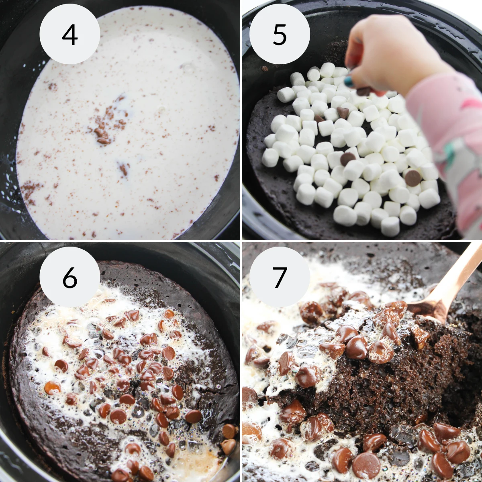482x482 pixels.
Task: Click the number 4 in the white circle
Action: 69,35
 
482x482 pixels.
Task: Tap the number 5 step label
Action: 280,35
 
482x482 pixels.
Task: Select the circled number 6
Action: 69,277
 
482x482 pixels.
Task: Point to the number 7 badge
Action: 280,277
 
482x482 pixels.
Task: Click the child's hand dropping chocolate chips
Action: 386,52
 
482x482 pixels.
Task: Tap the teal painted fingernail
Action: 349,82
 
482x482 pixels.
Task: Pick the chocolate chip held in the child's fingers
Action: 364,92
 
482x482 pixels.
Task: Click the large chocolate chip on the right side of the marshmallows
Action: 413,178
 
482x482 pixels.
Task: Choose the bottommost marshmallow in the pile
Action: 390,227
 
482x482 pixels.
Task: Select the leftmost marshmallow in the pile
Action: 270,157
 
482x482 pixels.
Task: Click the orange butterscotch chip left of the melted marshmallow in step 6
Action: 52,388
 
